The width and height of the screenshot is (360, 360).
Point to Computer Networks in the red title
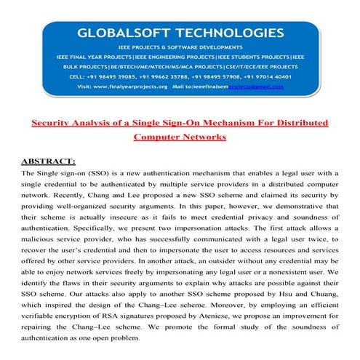(180, 136)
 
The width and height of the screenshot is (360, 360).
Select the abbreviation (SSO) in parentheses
(100, 174)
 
